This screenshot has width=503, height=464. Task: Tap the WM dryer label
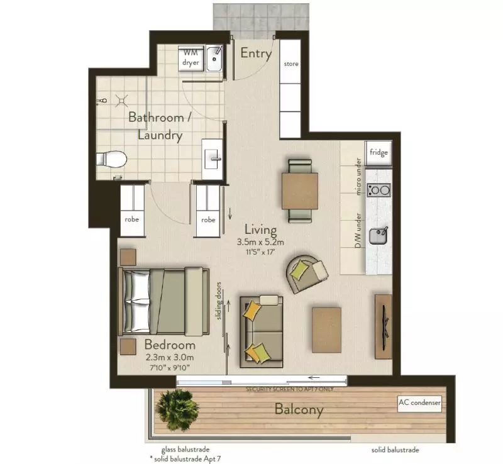tap(191, 58)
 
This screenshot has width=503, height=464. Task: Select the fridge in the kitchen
tap(379, 153)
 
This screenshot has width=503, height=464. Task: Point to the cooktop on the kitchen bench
tap(379, 189)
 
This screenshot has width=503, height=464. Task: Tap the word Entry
tap(256, 53)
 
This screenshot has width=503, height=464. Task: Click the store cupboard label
tap(291, 64)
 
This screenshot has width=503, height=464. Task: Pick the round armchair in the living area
tap(306, 272)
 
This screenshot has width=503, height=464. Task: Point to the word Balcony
tap(299, 411)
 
